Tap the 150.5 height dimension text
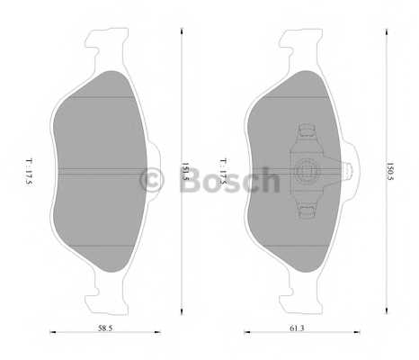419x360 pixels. pyautogui.click(x=389, y=167)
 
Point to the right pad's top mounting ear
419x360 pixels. pyautogui.click(x=302, y=41)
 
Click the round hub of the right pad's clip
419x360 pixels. pyautogui.click(x=309, y=167)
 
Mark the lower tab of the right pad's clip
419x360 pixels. pyautogui.click(x=308, y=209)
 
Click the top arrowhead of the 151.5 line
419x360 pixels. pyautogui.click(x=182, y=28)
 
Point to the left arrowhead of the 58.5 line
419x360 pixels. pyautogui.click(x=51, y=331)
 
